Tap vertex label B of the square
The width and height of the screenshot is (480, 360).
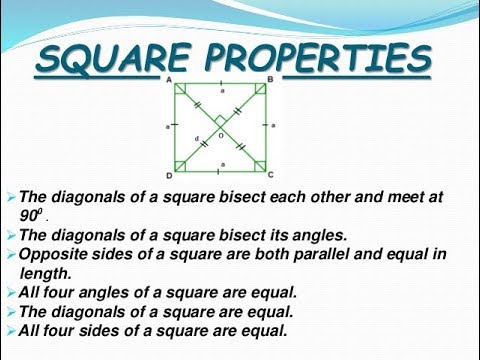point(271,79)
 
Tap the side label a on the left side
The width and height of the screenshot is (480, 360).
point(165,127)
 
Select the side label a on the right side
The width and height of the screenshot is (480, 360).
point(275,127)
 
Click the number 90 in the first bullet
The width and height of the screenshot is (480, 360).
point(30,216)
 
